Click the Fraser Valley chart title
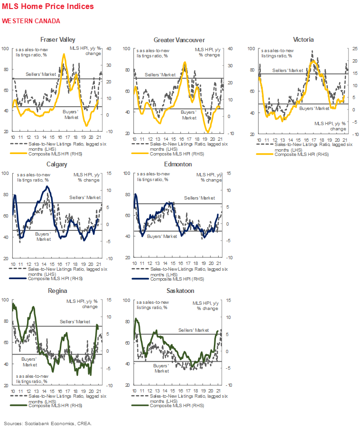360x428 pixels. (x=57, y=39)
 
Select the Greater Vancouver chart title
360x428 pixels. (x=179, y=40)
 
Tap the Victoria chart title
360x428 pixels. (x=303, y=39)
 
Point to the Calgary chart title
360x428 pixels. (x=57, y=164)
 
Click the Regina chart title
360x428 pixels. (x=57, y=290)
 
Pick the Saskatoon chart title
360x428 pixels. (x=179, y=290)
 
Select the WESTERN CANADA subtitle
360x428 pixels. (x=31, y=21)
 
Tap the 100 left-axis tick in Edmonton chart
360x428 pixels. (x=127, y=173)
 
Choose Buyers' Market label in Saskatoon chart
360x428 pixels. (x=162, y=368)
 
